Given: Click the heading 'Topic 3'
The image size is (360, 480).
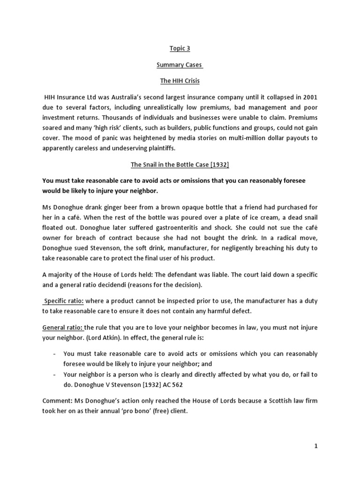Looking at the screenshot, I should [180, 49].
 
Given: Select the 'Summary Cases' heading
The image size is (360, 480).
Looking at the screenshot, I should [180, 65].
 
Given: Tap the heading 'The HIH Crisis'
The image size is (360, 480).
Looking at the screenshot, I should [180, 81].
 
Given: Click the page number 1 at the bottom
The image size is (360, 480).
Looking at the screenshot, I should [316, 446].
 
